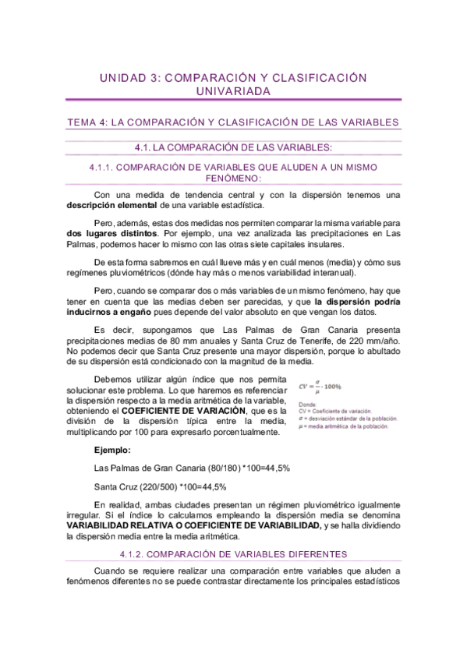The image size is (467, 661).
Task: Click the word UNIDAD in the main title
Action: (x=123, y=78)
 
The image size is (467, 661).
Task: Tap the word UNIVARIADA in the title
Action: (x=234, y=92)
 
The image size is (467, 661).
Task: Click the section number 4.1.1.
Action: (x=104, y=167)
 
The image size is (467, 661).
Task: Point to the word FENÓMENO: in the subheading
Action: (x=233, y=178)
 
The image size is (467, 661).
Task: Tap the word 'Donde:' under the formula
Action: (x=307, y=405)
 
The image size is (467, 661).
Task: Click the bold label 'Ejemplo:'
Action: (x=112, y=451)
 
